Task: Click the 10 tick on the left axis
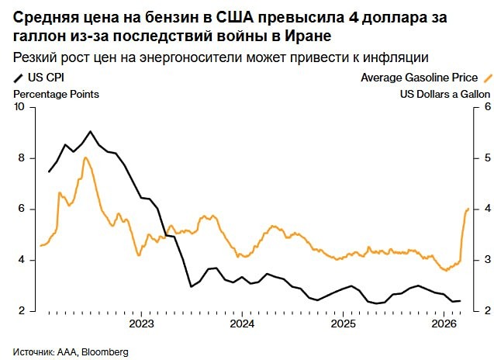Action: click(x=21, y=107)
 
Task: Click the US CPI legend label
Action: click(x=45, y=78)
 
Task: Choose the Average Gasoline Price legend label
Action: click(x=419, y=78)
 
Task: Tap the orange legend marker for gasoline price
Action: click(x=487, y=78)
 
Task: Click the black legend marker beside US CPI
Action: click(x=18, y=78)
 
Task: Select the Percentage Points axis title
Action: click(x=56, y=94)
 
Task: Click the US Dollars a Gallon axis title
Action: click(x=445, y=94)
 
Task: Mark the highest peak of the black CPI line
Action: click(x=91, y=131)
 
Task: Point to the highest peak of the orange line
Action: click(x=85, y=158)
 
